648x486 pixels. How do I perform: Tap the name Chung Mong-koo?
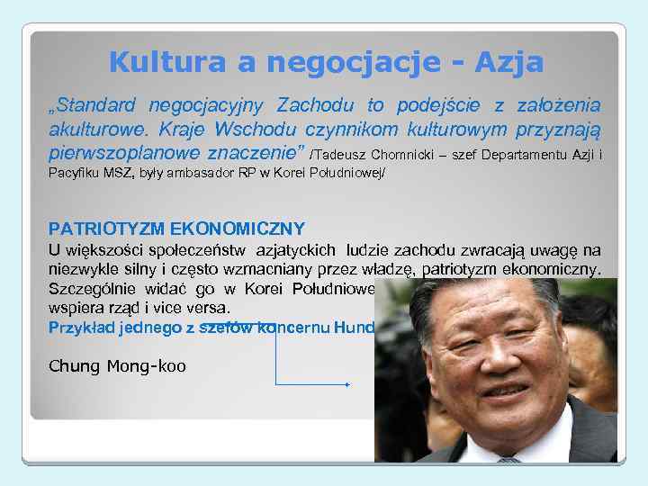[117, 366]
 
